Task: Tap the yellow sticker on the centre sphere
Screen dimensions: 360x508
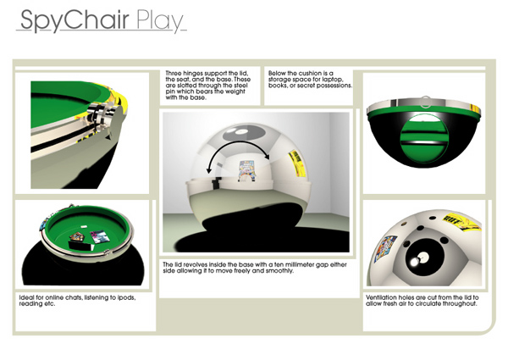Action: tap(295, 161)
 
